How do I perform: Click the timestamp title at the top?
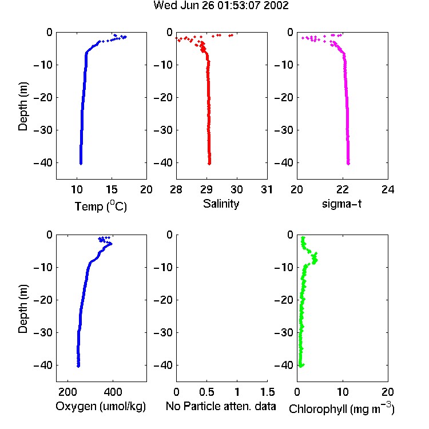click(x=221, y=6)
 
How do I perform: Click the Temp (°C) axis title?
click(x=101, y=206)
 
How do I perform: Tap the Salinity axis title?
click(x=221, y=204)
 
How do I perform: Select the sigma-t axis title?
click(x=341, y=204)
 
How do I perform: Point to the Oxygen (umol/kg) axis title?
click(x=101, y=406)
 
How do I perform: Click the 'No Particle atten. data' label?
click(x=221, y=406)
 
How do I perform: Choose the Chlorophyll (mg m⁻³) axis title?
click(x=341, y=408)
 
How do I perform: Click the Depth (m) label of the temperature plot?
click(x=23, y=106)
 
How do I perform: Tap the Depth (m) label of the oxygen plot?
click(x=23, y=309)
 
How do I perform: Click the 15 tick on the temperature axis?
click(x=112, y=189)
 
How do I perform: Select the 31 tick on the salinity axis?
click(x=267, y=189)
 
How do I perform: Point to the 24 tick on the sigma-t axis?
click(x=388, y=189)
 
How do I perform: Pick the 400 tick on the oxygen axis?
click(x=113, y=392)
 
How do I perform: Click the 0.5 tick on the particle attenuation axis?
click(x=206, y=392)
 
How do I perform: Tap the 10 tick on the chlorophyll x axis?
click(x=343, y=392)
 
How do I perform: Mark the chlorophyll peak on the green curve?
click(x=315, y=259)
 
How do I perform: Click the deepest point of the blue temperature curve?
click(x=81, y=164)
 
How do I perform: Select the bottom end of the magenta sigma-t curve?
click(x=348, y=164)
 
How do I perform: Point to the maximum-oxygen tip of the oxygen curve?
click(x=111, y=244)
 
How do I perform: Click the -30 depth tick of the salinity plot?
click(x=164, y=130)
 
